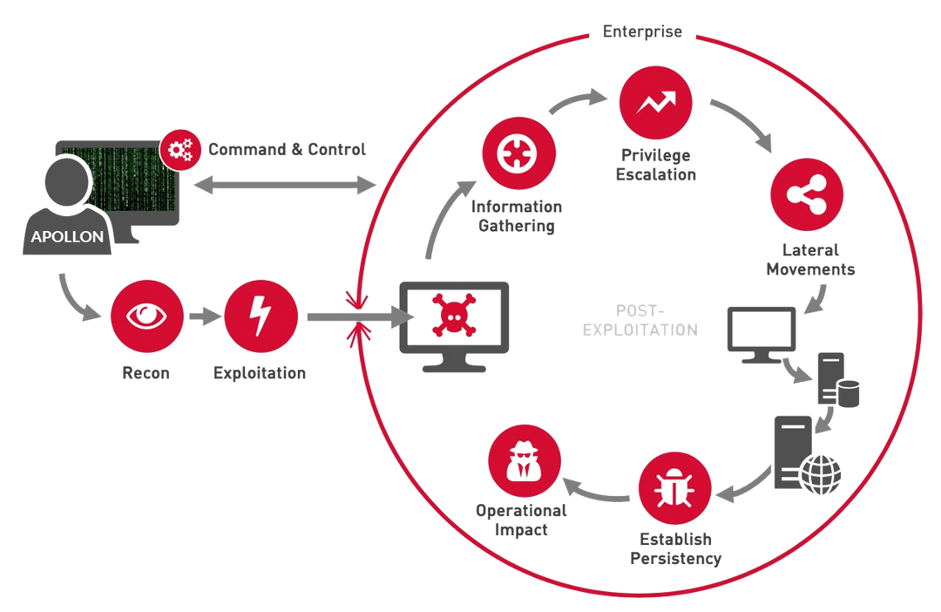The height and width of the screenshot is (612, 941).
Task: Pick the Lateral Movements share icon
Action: [804, 197]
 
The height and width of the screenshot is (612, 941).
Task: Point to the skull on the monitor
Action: [453, 316]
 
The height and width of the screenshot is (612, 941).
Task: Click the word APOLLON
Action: [66, 235]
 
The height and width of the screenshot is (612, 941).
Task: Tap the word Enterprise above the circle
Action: [644, 32]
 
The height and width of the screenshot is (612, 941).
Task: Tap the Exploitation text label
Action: [260, 374]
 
